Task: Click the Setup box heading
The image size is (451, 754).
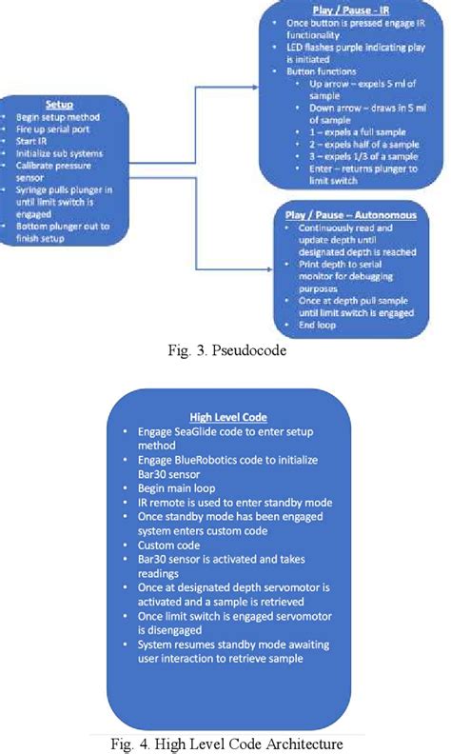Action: pyautogui.click(x=60, y=105)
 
